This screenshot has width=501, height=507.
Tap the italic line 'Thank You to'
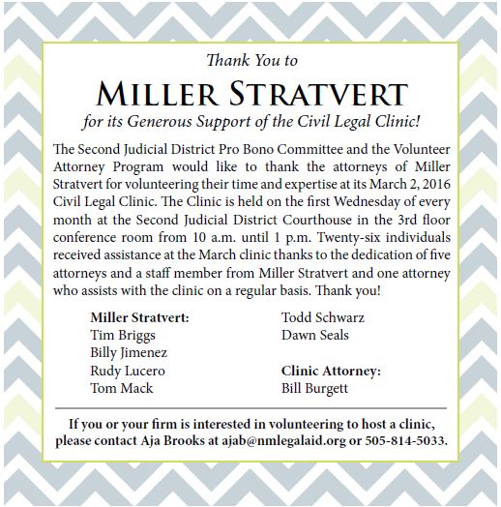[251, 61]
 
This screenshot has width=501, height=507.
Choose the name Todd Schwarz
[321, 317]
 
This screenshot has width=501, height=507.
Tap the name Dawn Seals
[314, 336]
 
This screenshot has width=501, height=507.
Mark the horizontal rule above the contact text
[251, 407]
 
